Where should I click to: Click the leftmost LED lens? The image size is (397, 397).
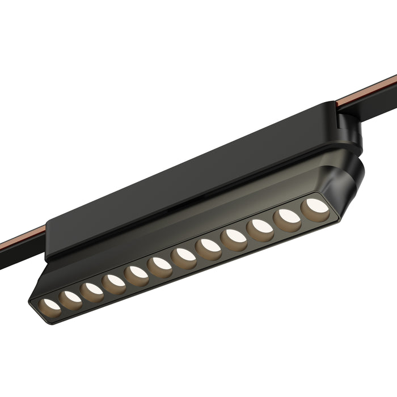click(x=50, y=305)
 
